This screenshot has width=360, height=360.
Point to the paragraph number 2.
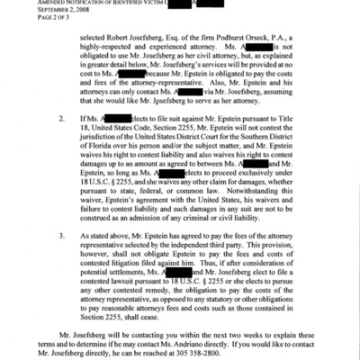(x=60, y=142)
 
